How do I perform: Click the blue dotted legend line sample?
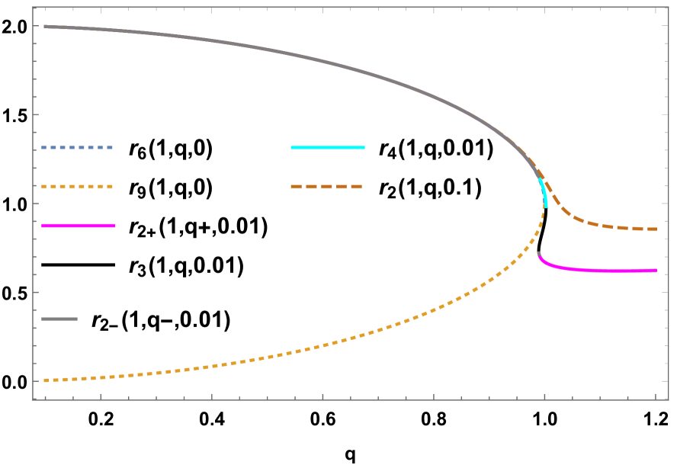[x=77, y=147]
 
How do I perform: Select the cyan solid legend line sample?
[x=327, y=147]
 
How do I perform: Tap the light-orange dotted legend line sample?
[x=77, y=187]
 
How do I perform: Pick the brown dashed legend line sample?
[x=326, y=187]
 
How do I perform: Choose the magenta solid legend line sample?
[x=78, y=226]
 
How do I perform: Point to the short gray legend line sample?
[x=59, y=319]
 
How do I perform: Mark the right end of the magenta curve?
[x=656, y=270]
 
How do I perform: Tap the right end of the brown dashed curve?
[x=656, y=229]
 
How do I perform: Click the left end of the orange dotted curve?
[x=45, y=380]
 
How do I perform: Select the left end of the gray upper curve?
[x=45, y=27]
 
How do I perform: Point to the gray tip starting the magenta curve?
[x=538, y=253]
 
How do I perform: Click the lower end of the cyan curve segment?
[x=546, y=206]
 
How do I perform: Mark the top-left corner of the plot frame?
[x=34, y=8]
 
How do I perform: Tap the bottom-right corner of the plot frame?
[x=668, y=399]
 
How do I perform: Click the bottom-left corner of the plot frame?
[x=34, y=399]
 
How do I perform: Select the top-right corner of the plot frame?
[x=668, y=8]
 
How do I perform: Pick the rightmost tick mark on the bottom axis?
[x=656, y=396]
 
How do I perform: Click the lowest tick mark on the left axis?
[x=36, y=380]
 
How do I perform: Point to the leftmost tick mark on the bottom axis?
[x=45, y=396]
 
